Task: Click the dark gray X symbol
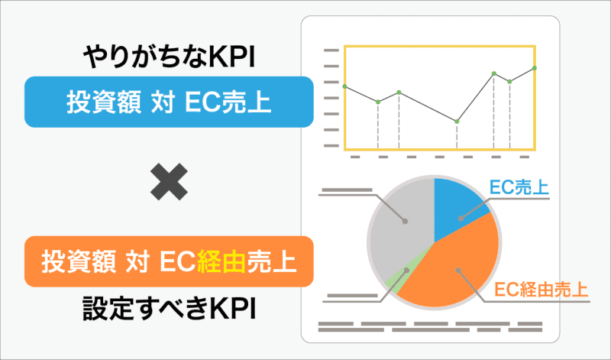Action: click(x=169, y=182)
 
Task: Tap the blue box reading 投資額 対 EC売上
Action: click(x=169, y=102)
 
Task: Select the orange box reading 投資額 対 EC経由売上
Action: click(x=169, y=261)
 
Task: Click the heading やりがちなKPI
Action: click(x=169, y=58)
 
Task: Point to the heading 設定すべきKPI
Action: click(x=169, y=309)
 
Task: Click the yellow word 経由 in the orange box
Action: click(x=221, y=261)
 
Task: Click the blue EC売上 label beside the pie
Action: click(x=519, y=187)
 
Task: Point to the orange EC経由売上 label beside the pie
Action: click(x=541, y=290)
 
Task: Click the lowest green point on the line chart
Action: click(x=457, y=122)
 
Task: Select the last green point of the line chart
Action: click(x=534, y=68)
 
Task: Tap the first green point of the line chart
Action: click(x=344, y=86)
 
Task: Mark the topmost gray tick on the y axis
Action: click(x=331, y=50)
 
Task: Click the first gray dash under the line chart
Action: click(x=355, y=157)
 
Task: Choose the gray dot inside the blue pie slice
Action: click(x=461, y=219)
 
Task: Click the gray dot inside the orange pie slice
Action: click(x=458, y=271)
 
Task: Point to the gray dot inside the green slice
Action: click(x=407, y=270)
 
